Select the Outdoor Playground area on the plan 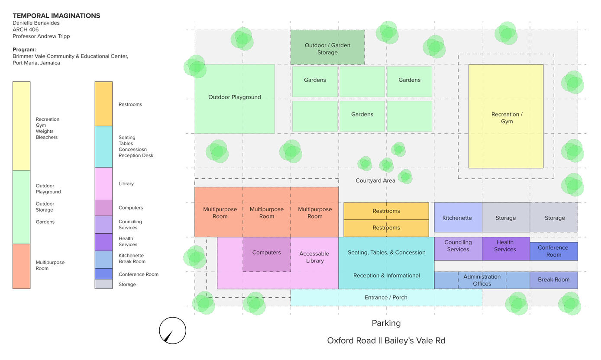(x=234, y=99)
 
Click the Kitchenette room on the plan (x=458, y=218)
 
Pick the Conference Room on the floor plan (x=553, y=251)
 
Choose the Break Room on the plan (x=553, y=280)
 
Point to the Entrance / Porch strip (x=386, y=298)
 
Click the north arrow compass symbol (x=172, y=331)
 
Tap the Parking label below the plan (x=386, y=323)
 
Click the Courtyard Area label (x=375, y=180)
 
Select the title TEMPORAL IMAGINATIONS (x=56, y=16)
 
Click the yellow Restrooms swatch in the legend (x=103, y=104)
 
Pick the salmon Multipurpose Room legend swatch (x=21, y=266)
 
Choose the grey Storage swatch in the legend (x=103, y=284)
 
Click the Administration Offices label (x=481, y=280)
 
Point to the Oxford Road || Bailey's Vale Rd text (x=386, y=341)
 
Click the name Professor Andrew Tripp (x=41, y=36)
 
